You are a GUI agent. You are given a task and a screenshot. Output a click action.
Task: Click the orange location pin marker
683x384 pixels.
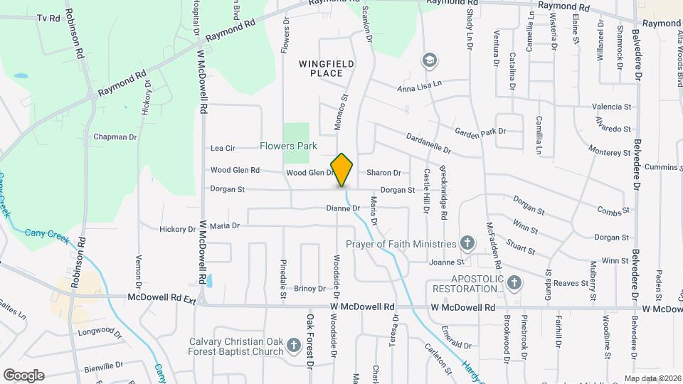point(342,170)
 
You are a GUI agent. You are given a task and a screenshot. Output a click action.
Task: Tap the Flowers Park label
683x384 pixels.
point(288,146)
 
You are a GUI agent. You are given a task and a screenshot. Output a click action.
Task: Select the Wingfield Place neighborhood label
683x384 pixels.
point(326,68)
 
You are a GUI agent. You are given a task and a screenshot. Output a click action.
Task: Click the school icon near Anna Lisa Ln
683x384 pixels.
point(429,60)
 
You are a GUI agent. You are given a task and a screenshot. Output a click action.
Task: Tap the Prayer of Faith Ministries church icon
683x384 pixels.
point(467,243)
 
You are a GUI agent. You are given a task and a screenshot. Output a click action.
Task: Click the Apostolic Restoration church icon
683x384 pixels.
point(514,283)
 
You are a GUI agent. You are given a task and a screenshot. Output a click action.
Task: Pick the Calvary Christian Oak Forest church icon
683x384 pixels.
point(294,346)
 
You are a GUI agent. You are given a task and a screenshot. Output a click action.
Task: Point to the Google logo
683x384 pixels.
point(23,375)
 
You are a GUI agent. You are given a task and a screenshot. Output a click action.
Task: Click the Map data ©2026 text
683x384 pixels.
point(652,378)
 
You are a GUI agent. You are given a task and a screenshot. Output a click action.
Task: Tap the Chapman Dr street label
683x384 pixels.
point(115,137)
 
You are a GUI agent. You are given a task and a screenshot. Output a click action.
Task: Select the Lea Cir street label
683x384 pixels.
point(223,148)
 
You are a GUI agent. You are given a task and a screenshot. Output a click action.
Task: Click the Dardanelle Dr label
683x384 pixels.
point(428,142)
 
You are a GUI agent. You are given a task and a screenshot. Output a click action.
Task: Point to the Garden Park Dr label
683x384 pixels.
point(480,131)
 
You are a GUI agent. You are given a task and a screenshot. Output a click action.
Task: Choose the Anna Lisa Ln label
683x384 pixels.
point(419,85)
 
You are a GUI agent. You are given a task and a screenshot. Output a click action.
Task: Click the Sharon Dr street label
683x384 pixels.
point(383,173)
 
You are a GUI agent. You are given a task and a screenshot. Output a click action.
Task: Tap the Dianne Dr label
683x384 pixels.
point(343,208)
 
